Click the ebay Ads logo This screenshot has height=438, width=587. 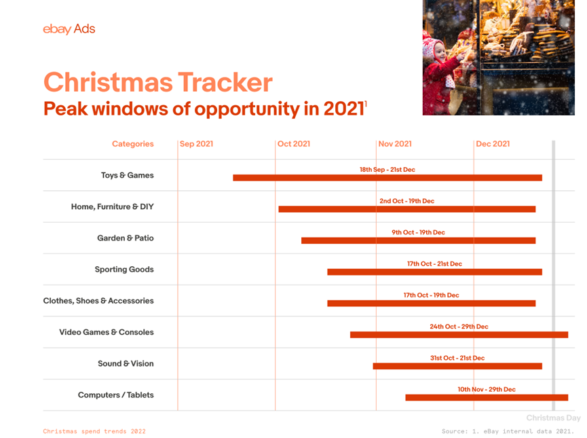[x=69, y=29]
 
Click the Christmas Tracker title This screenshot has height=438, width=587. [x=157, y=82]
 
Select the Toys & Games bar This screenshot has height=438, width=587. [x=387, y=178]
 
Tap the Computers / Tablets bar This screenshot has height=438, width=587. [x=486, y=397]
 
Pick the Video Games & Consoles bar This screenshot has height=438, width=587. [x=459, y=335]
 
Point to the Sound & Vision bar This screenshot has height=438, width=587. [x=457, y=366]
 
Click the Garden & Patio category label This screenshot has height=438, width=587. [x=126, y=238]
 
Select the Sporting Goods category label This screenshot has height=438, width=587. [x=124, y=270]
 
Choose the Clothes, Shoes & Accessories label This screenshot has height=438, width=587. [x=98, y=301]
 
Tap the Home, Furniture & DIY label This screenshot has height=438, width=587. [x=113, y=206]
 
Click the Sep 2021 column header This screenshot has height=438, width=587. [x=196, y=144]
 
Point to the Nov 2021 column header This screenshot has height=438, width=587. [x=395, y=144]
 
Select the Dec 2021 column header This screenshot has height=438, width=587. [x=493, y=144]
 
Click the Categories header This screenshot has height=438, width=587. [x=133, y=144]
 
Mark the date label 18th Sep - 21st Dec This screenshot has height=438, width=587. [x=387, y=170]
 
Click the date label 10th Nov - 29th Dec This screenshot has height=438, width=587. [x=486, y=390]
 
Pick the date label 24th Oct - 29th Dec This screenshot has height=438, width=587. [x=459, y=327]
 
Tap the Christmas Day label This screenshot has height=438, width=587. [x=553, y=418]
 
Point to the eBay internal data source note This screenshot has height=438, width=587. [x=508, y=431]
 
